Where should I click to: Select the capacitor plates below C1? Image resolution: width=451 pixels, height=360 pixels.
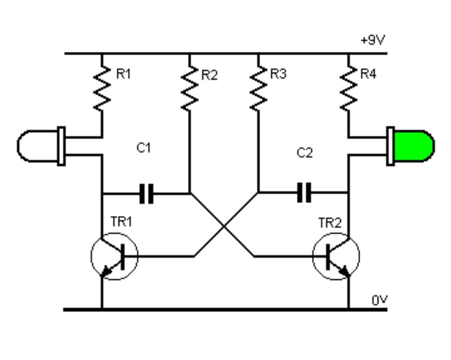click(x=146, y=193)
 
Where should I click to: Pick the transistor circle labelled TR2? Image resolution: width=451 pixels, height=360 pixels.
click(x=336, y=256)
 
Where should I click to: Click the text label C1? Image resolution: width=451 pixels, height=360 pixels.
click(x=143, y=148)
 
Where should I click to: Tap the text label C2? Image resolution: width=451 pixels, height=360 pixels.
click(x=304, y=153)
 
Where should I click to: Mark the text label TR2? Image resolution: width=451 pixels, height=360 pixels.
click(x=330, y=223)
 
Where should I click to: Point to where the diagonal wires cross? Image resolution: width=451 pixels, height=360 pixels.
click(x=224, y=227)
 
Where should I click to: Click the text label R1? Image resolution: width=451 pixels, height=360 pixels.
click(x=123, y=74)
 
